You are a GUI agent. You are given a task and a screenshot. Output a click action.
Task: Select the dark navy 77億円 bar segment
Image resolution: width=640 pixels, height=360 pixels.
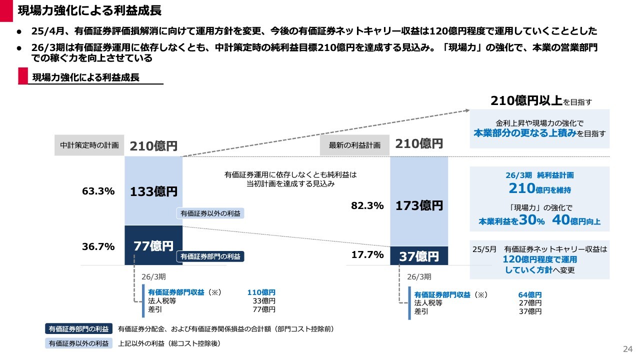[x=153, y=245]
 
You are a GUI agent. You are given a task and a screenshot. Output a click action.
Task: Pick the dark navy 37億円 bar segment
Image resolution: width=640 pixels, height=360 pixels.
[x=419, y=256]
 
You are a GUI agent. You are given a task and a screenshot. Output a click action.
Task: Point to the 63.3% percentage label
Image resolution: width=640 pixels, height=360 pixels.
[x=98, y=191]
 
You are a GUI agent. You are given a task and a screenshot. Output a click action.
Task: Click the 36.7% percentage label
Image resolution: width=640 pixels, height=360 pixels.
[x=98, y=246]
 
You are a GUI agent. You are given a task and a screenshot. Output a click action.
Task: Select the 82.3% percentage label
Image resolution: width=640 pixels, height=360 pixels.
[x=367, y=205]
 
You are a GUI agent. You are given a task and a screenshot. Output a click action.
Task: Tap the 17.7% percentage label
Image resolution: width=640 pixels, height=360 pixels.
[x=367, y=255]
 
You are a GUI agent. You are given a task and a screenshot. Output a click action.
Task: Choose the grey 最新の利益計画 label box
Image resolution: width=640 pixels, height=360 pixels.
[x=354, y=145]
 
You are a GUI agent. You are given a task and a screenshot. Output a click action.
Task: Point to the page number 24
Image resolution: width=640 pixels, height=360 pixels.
[x=627, y=348]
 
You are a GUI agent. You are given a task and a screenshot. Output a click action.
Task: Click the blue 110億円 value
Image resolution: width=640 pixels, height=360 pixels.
[x=261, y=292]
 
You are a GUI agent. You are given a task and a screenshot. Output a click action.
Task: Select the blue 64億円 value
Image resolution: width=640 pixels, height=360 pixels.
[x=530, y=294]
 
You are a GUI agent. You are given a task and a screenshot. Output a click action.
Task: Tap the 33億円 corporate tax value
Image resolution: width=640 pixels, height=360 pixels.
[x=263, y=301]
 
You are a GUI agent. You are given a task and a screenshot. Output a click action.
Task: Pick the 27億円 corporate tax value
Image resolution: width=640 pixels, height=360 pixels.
[x=530, y=303]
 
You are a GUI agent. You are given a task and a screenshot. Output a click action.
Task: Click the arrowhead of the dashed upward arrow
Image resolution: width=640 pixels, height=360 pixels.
[x=467, y=111]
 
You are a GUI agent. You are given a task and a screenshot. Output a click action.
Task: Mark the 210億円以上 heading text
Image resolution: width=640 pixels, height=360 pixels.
[x=526, y=101]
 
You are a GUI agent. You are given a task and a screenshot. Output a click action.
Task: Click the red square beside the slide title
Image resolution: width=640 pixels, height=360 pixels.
[x=6, y=10]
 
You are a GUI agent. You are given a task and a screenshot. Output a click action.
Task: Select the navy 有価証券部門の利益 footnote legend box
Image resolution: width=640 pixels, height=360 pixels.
[x=78, y=329]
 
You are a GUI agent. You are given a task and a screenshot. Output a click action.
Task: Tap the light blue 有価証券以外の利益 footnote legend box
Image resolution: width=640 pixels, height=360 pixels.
[x=78, y=343]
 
